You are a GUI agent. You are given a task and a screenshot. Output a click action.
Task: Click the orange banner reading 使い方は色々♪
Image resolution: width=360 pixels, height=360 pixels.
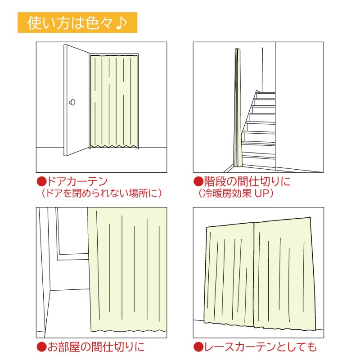click(x=77, y=22)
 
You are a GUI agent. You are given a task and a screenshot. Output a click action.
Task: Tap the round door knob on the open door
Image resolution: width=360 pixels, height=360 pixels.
click(x=72, y=102)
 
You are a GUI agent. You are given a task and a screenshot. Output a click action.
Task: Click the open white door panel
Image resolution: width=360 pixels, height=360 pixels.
click(x=76, y=100)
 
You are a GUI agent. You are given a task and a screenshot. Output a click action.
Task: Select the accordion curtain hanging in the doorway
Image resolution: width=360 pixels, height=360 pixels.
click(x=114, y=101)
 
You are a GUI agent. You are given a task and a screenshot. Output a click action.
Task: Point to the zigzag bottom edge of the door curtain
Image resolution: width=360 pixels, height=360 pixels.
click(x=114, y=146)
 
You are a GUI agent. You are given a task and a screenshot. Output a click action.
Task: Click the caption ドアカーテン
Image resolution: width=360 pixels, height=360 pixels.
click(x=77, y=181)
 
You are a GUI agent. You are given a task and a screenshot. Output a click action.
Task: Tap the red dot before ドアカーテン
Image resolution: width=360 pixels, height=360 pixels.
click(x=41, y=182)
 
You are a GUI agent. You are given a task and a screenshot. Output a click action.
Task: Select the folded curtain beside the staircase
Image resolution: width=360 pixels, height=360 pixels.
click(x=238, y=108)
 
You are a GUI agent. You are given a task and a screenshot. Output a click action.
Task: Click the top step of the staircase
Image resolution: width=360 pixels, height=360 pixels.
click(x=265, y=95)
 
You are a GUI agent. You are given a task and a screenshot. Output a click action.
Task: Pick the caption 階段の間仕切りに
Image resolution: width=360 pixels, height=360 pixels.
click(x=247, y=181)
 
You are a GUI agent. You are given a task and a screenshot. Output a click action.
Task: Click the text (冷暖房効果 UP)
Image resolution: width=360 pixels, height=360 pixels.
click(x=236, y=193)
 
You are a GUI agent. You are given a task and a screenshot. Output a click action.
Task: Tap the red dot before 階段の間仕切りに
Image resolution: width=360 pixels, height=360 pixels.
click(x=198, y=182)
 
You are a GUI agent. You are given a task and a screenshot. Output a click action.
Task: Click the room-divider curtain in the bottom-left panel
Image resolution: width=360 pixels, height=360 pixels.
click(x=127, y=269)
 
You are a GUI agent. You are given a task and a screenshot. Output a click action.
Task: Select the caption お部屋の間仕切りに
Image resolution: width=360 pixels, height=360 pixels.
click(x=96, y=346)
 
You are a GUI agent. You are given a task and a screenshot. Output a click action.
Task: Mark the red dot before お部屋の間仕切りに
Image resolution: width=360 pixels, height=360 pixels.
click(x=41, y=347)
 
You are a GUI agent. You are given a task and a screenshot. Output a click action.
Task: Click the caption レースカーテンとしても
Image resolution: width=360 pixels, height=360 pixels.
click(x=261, y=346)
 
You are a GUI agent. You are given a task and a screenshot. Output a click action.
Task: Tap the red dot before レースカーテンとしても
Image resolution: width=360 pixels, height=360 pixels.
click(x=198, y=347)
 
